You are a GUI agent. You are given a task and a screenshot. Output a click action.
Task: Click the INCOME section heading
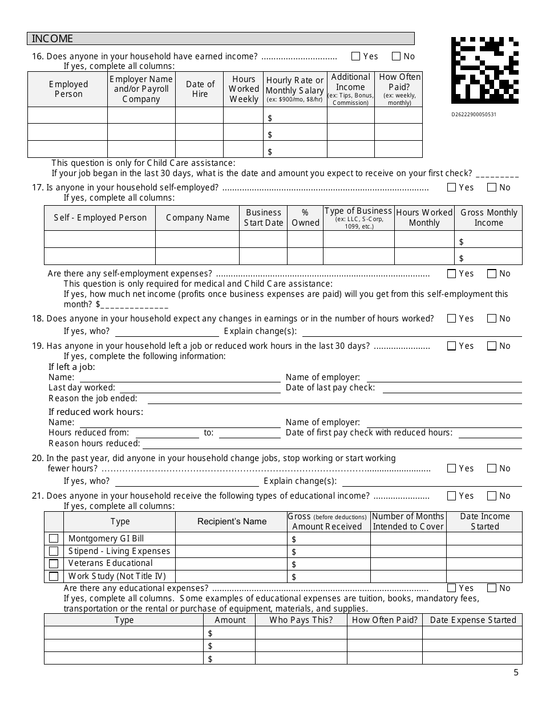click(52, 39)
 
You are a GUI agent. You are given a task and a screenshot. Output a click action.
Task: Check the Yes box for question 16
click(356, 56)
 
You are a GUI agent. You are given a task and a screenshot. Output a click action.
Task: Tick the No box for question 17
click(492, 188)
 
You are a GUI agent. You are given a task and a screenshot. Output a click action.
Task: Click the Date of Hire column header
click(200, 89)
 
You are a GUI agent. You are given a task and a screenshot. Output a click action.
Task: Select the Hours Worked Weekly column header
click(244, 89)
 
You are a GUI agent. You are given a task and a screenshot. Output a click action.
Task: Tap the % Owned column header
click(305, 218)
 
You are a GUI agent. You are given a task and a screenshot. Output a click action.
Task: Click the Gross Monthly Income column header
click(488, 218)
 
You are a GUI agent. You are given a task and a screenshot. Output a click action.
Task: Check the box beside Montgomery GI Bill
click(54, 539)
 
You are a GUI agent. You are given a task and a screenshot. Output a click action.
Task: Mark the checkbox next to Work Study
click(54, 576)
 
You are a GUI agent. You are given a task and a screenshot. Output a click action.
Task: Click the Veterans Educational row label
click(110, 564)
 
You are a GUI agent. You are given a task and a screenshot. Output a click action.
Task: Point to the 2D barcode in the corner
click(485, 70)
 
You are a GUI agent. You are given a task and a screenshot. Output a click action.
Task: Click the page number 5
click(516, 673)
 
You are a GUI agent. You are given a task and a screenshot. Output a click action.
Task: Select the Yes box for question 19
click(452, 346)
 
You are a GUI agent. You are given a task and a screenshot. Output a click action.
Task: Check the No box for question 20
click(492, 468)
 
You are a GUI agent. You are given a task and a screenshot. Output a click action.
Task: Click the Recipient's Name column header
click(232, 521)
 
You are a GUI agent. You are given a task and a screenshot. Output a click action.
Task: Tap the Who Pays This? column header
click(301, 620)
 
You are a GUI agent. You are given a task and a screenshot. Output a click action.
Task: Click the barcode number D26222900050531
click(474, 115)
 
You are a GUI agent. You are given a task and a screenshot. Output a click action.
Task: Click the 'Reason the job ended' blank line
click(334, 399)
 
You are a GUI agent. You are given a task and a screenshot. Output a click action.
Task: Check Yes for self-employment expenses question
click(452, 274)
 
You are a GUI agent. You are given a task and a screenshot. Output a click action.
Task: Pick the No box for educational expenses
click(492, 588)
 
